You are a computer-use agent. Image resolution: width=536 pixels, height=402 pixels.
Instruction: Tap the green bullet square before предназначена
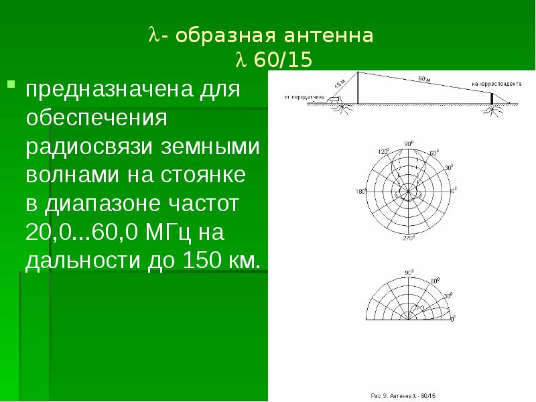11,84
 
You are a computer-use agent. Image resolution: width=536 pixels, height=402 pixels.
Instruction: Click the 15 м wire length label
340,84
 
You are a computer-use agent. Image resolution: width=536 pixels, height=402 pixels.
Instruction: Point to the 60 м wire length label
423,80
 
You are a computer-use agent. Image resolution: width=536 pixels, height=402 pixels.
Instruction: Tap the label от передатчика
304,97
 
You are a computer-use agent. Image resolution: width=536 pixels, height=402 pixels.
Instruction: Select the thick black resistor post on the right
493,98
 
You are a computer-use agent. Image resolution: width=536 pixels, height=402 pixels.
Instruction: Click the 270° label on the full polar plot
409,239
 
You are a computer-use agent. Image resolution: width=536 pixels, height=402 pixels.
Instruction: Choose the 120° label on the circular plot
382,152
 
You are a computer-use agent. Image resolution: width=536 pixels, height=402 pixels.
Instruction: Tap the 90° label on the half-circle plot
409,273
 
